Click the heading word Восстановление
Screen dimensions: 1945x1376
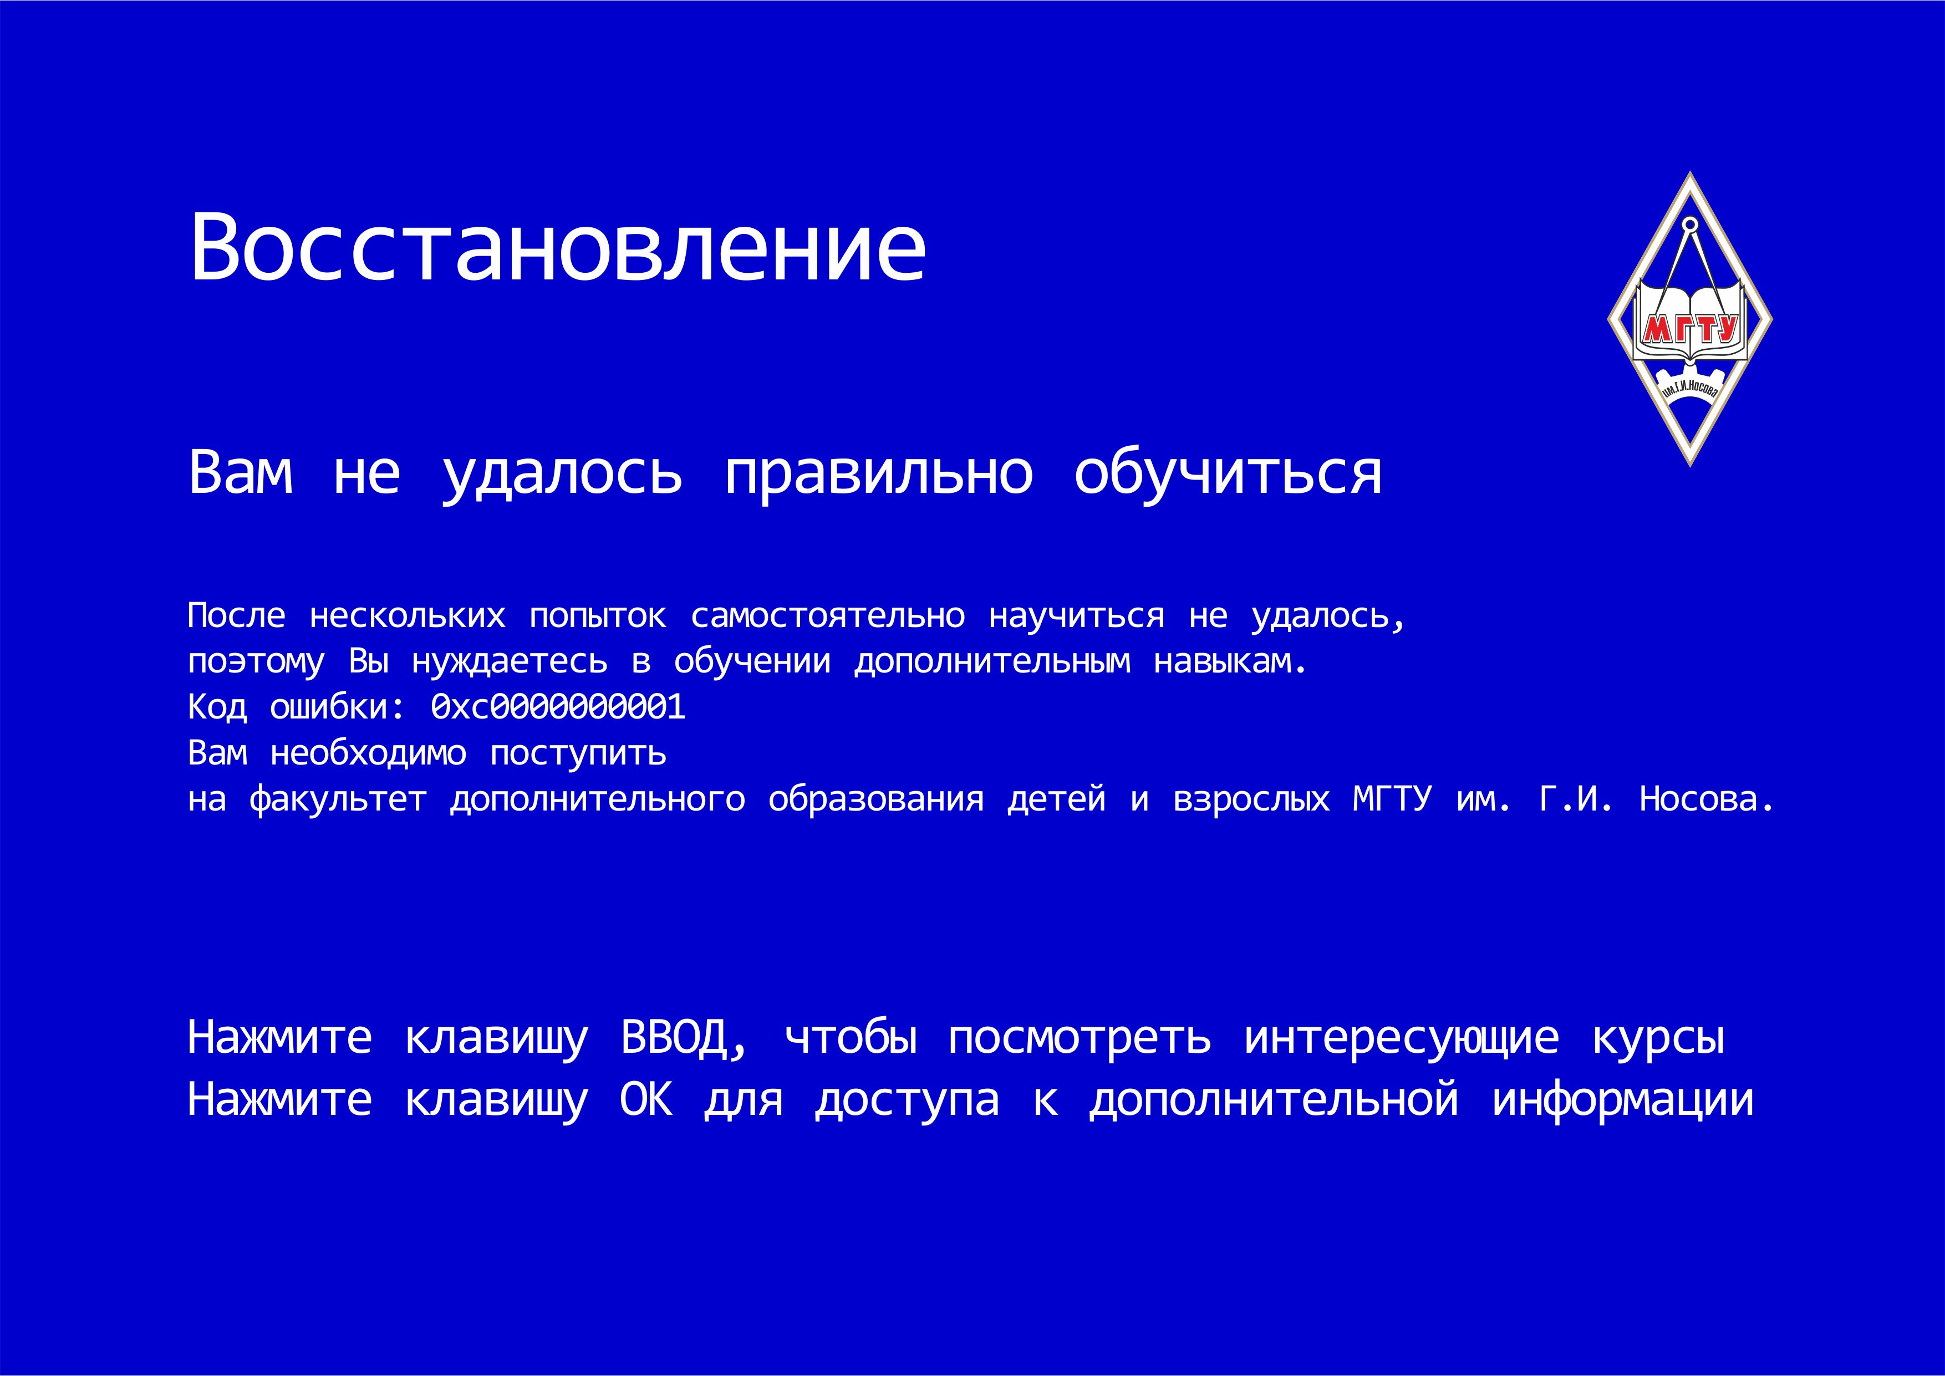[557, 247]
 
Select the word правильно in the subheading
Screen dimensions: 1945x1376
[878, 475]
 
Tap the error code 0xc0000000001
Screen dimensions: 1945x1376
[558, 707]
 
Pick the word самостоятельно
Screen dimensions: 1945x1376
[828, 616]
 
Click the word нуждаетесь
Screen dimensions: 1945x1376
[509, 662]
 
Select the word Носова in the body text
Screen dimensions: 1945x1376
[1705, 799]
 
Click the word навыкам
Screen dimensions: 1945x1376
[1229, 662]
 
